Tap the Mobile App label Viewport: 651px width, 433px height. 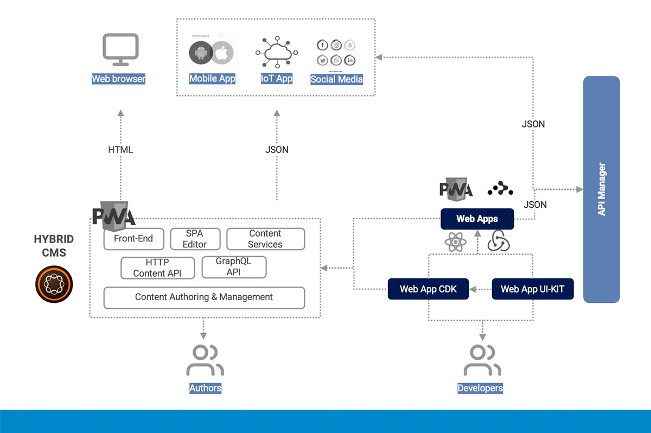[x=212, y=79]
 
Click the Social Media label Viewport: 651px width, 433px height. [x=336, y=79]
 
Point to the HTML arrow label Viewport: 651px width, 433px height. [x=120, y=149]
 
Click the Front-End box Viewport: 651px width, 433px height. [x=133, y=239]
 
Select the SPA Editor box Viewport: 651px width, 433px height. [x=195, y=239]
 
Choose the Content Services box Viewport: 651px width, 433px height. [x=265, y=239]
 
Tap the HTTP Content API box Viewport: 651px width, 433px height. [x=157, y=268]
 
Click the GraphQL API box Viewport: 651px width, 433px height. [x=234, y=267]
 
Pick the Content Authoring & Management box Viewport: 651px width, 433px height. [x=204, y=297]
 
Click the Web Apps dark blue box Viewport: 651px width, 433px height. [x=477, y=219]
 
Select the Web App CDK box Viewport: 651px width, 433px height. [x=429, y=289]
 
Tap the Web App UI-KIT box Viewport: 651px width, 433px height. [x=532, y=289]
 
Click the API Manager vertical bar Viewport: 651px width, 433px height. [x=601, y=189]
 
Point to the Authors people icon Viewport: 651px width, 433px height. [x=205, y=360]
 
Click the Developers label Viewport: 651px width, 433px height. [x=480, y=388]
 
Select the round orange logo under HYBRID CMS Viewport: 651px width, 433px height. [x=54, y=284]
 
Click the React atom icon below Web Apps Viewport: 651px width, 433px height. [x=455, y=241]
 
